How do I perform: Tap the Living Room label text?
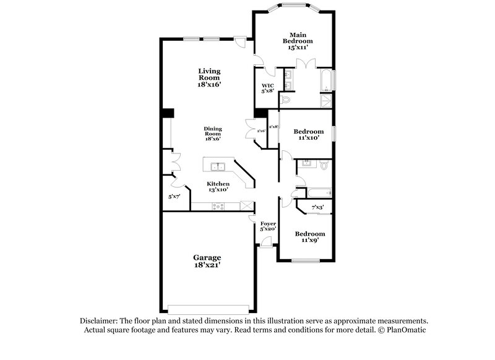point(209,77)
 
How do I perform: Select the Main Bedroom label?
point(293,38)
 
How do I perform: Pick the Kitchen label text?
point(218,184)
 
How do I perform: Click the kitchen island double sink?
point(217,166)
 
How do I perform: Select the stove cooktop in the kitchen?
point(218,207)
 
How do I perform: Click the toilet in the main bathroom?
point(286,99)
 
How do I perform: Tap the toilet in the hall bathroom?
point(324,165)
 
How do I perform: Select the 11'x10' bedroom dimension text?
point(308,138)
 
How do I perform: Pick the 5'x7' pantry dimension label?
point(174,197)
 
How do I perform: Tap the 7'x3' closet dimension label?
point(317,207)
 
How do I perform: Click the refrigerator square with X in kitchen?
point(247,207)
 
